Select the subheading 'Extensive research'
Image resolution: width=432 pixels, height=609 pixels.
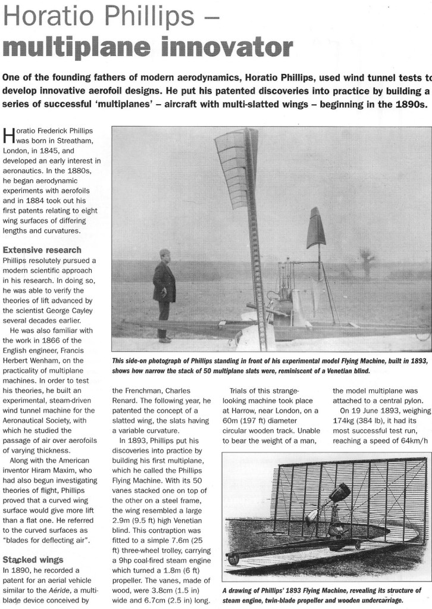42,250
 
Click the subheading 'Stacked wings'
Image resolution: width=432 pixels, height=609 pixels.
33,560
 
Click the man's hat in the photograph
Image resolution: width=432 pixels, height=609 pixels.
165,252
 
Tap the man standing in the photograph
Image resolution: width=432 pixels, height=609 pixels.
164,294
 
